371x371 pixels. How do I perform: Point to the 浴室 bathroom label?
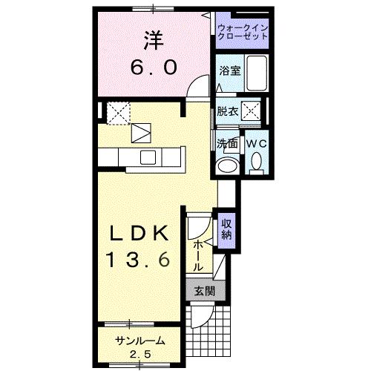point(229,71)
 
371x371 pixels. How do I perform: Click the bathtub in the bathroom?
point(257,74)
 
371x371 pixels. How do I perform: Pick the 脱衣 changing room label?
point(228,112)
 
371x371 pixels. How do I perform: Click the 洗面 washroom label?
point(226,141)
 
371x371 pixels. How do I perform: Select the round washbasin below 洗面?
point(226,165)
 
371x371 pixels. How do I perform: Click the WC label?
point(256,142)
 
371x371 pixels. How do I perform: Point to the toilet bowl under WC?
point(256,161)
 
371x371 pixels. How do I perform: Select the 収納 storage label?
point(226,229)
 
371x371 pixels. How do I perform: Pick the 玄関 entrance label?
point(204,291)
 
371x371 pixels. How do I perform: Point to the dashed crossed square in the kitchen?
point(117,113)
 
